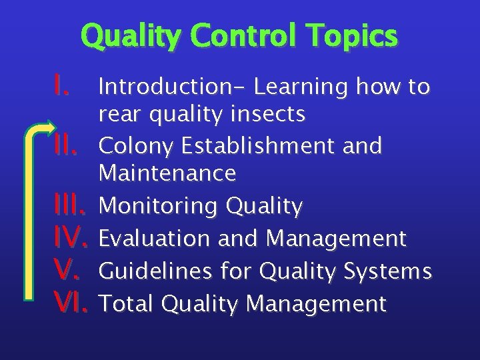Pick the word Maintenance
tap(167, 174)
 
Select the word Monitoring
tap(158, 207)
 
